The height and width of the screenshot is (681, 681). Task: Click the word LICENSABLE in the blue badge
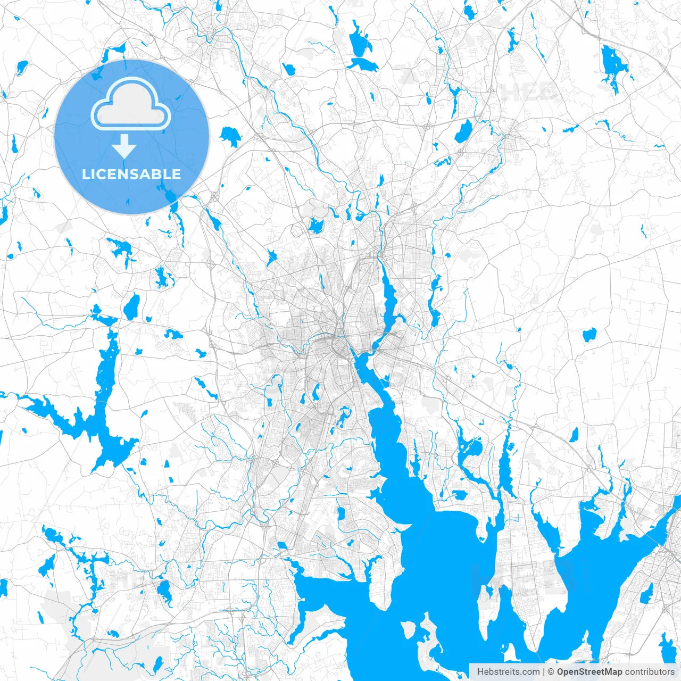coord(131,174)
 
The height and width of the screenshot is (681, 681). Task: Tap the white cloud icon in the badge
coord(131,104)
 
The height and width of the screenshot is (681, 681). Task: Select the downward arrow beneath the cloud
coord(124,146)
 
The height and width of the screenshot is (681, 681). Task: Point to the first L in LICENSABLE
coord(86,174)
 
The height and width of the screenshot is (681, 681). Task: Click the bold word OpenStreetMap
coord(589,672)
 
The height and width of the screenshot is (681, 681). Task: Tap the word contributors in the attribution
coord(649,672)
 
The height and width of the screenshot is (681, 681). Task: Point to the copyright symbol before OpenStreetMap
coord(552,672)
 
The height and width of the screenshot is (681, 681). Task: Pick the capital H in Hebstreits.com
coord(480,672)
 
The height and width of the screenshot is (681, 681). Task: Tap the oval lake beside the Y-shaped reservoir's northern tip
coord(131,306)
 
